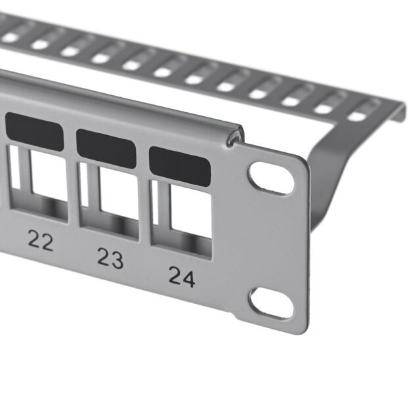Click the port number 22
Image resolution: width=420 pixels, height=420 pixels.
tap(41, 242)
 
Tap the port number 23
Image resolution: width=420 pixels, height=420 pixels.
tap(110, 258)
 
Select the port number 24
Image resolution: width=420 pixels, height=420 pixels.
tap(182, 276)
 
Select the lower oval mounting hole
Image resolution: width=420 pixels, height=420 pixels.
tap(271, 303)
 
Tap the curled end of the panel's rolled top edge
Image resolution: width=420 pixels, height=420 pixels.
tap(234, 137)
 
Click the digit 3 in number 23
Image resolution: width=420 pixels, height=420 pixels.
tap(117, 259)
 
